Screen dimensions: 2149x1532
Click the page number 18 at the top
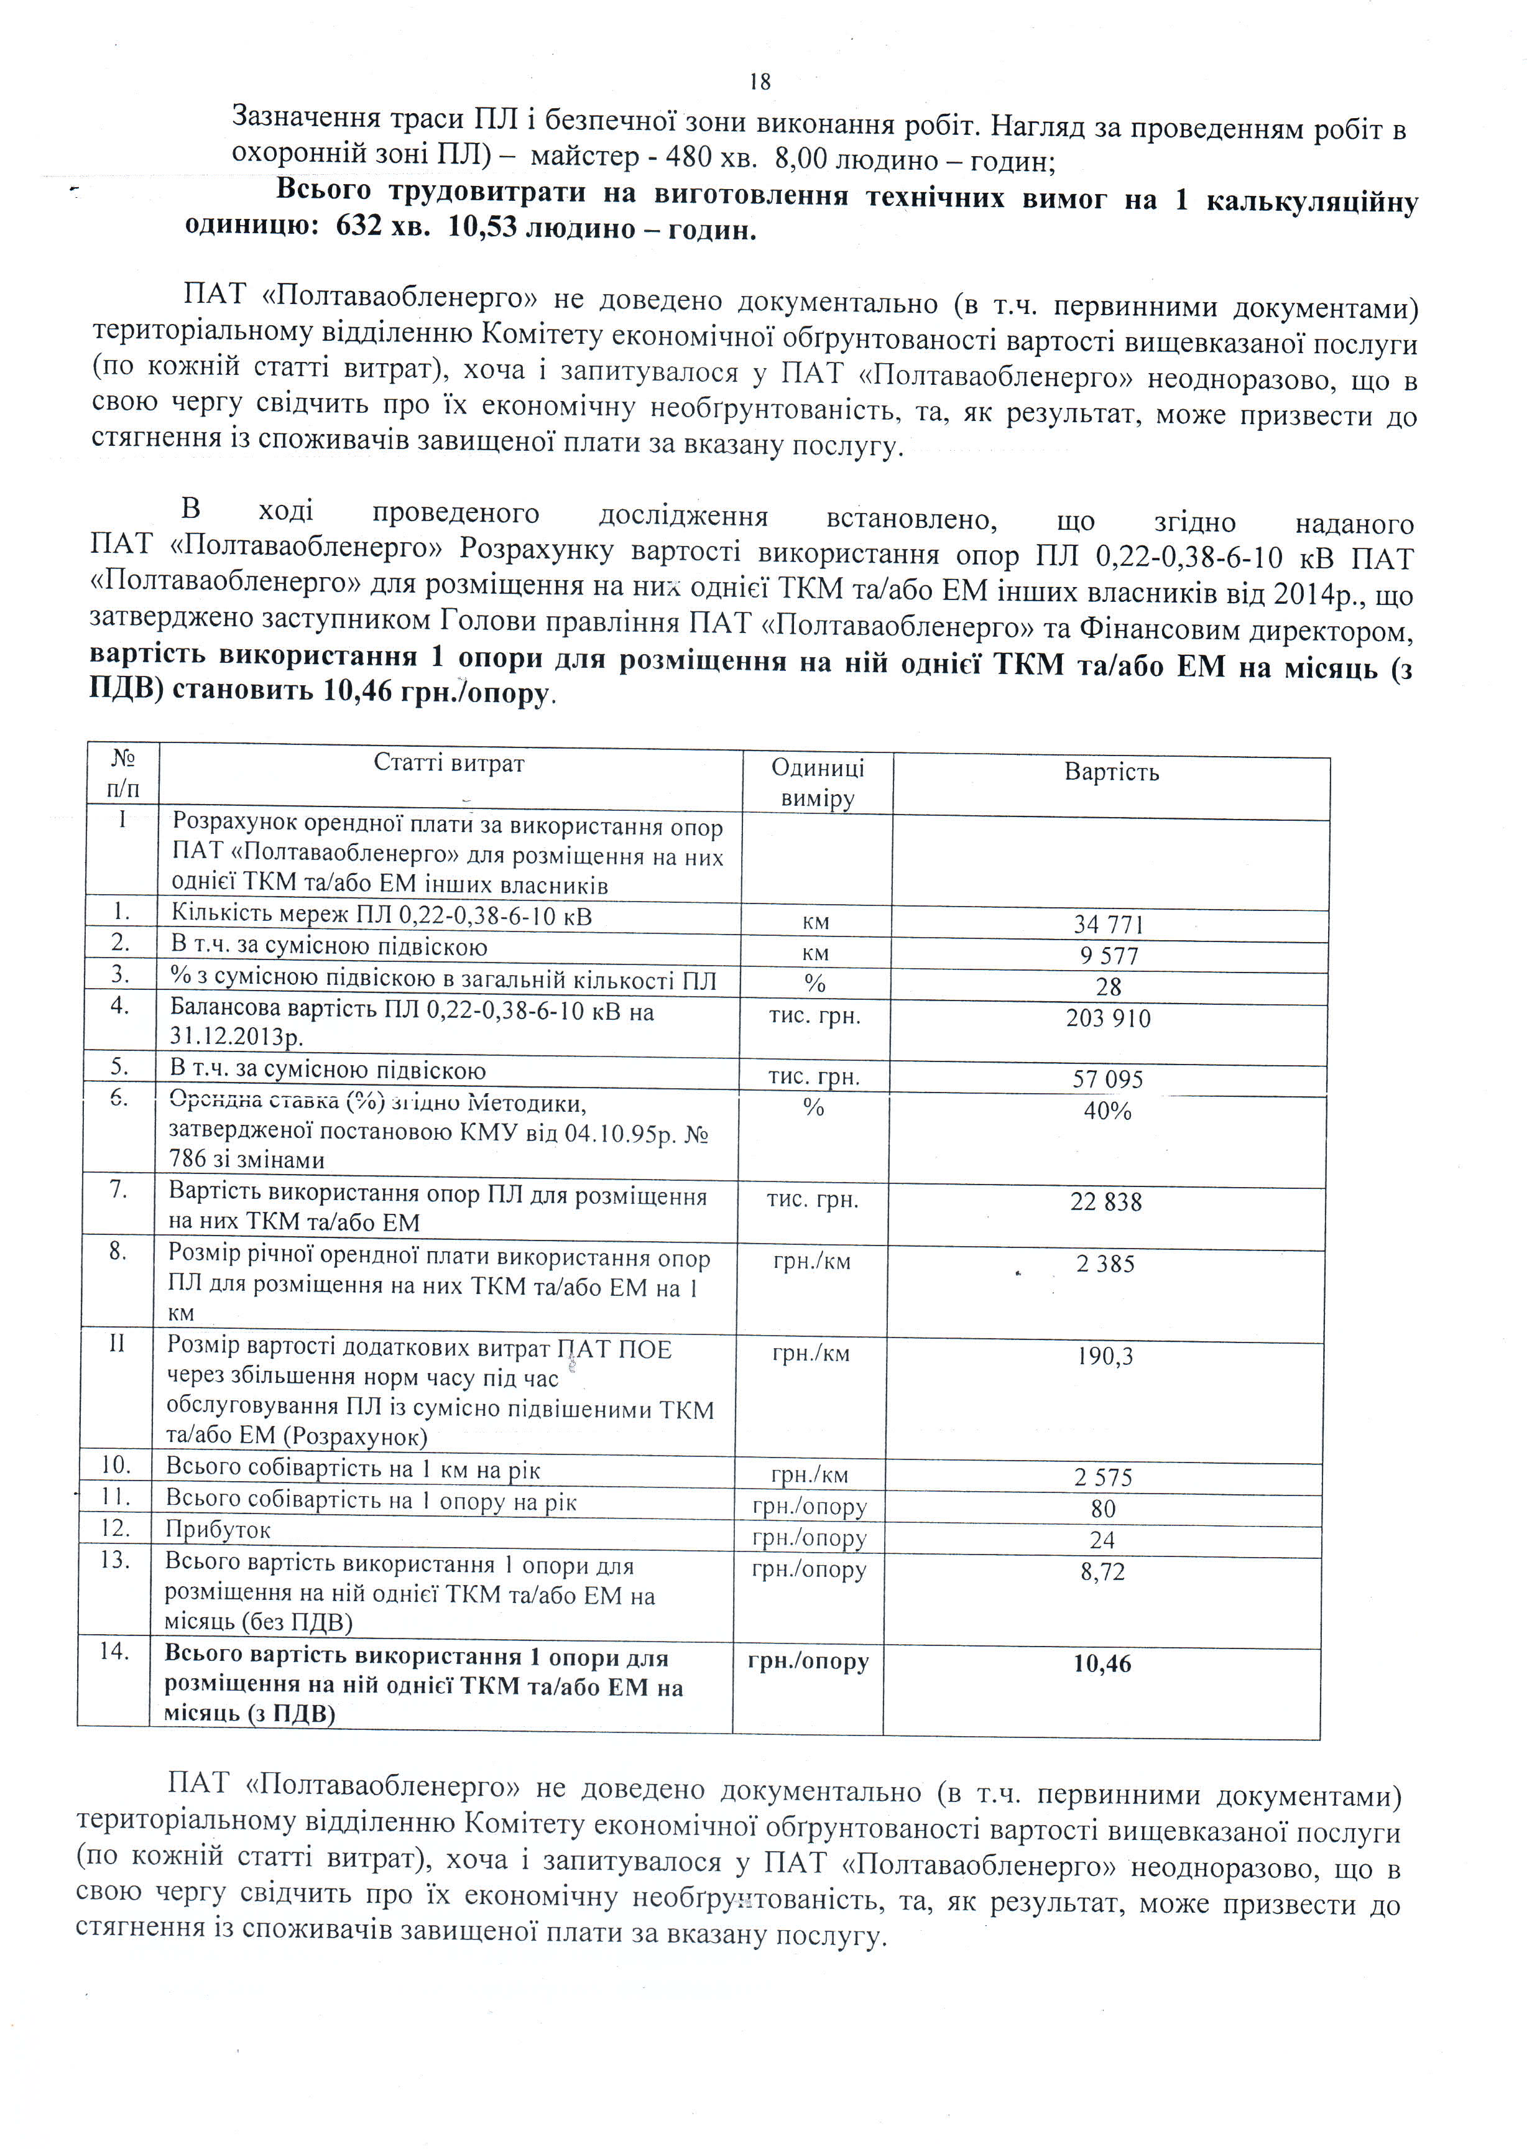click(x=760, y=82)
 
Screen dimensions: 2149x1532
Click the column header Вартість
click(x=1111, y=772)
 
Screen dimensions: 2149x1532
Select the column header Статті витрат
click(x=449, y=762)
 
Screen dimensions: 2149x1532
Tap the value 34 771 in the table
click(x=1109, y=925)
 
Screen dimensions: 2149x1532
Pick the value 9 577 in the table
click(x=1109, y=956)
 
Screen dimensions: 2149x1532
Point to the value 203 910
click(x=1109, y=1018)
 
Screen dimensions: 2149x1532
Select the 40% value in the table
click(x=1107, y=1111)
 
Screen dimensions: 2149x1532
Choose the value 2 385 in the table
click(x=1105, y=1263)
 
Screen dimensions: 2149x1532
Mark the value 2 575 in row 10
click(x=1103, y=1477)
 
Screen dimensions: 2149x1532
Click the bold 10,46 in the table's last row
click(x=1102, y=1663)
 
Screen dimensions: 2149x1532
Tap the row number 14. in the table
click(x=114, y=1651)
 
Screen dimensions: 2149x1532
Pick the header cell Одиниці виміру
click(x=818, y=782)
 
